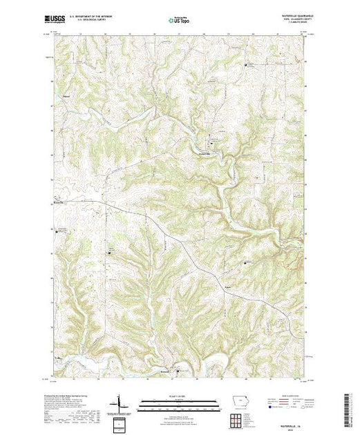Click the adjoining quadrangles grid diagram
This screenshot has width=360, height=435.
(x=237, y=419)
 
